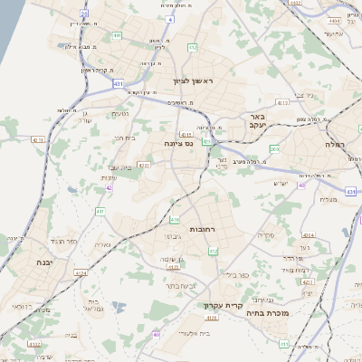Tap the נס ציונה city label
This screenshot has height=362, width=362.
coord(177,143)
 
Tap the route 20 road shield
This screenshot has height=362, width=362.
coord(83,14)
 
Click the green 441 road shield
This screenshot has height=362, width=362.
coord(118,35)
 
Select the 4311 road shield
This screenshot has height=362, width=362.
coord(38,140)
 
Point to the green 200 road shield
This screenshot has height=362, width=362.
coord(273,148)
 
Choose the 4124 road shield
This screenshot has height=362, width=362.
coord(82,272)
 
